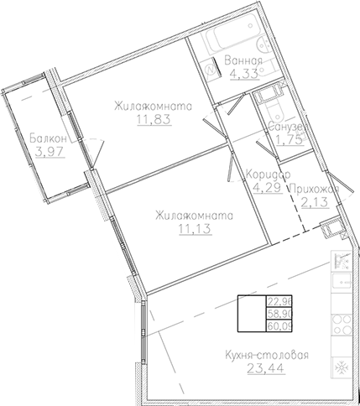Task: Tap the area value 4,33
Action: point(244,73)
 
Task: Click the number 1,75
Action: point(288,140)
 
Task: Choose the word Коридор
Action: point(269,174)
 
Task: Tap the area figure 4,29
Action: point(263,188)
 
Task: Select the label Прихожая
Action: point(316,190)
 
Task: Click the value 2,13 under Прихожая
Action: point(316,204)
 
